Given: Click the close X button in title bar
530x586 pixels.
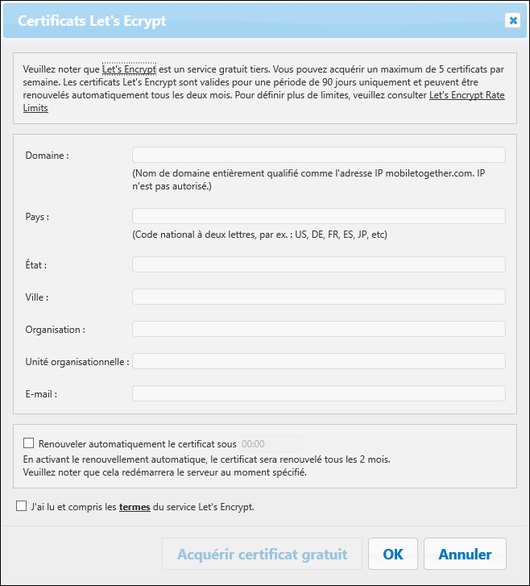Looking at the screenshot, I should click(512, 21).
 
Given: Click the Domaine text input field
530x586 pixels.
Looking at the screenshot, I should click(318, 155).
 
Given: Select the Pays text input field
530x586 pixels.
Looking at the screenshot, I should click(318, 216).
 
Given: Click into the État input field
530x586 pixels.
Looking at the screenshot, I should click(318, 264).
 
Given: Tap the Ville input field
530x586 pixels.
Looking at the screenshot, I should click(318, 297).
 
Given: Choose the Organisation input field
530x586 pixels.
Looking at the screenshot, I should click(318, 329).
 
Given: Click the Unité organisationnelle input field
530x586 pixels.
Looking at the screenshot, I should click(318, 361).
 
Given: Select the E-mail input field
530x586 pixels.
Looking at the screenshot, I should click(318, 393).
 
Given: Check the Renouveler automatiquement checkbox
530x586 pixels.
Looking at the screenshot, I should click(29, 443).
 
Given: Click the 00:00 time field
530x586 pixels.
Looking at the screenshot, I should click(270, 443).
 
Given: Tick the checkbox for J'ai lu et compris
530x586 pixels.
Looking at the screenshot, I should click(21, 506).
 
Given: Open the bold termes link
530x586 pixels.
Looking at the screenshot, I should click(135, 507).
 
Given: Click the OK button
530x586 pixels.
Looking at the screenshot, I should click(393, 554).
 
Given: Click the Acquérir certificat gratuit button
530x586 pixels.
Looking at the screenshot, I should click(262, 554).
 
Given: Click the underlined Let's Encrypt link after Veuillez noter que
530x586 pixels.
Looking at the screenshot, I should click(129, 69).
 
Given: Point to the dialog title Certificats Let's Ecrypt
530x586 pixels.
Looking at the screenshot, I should click(92, 21).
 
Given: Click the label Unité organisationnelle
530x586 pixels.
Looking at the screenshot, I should click(77, 362).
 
